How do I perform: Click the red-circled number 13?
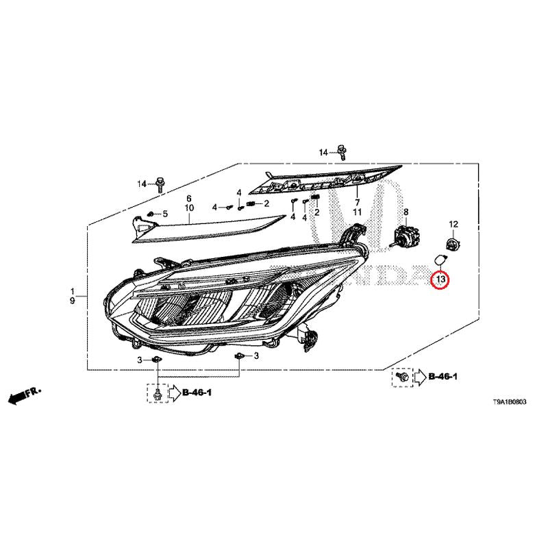pyautogui.click(x=440, y=279)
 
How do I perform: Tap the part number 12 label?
pyautogui.click(x=453, y=224)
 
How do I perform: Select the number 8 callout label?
pyautogui.click(x=406, y=212)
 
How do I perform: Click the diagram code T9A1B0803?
pyautogui.click(x=509, y=402)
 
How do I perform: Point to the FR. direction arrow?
pyautogui.click(x=25, y=395)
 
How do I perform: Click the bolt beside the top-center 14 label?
pyautogui.click(x=342, y=152)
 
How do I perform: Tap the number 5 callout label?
pyautogui.click(x=165, y=214)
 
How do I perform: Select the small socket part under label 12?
pyautogui.click(x=453, y=242)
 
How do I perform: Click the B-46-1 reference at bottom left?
pyautogui.click(x=197, y=393)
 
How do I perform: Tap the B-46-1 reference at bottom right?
pyautogui.click(x=443, y=376)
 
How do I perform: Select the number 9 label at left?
pyautogui.click(x=73, y=301)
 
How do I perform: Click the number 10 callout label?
pyautogui.click(x=189, y=208)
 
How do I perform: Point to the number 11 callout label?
pyautogui.click(x=357, y=212)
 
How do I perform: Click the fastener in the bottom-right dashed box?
pyautogui.click(x=402, y=377)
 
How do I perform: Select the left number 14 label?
pyautogui.click(x=142, y=184)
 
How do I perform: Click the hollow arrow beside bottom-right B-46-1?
pyautogui.click(x=420, y=377)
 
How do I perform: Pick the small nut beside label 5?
pyautogui.click(x=151, y=214)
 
